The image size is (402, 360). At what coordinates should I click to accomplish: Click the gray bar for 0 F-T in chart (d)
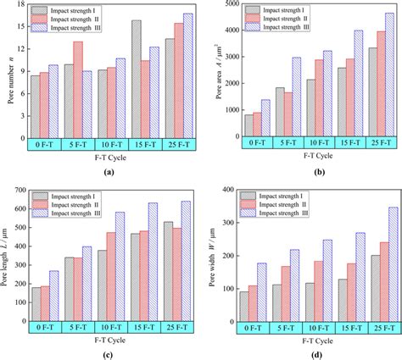click(245, 307)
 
